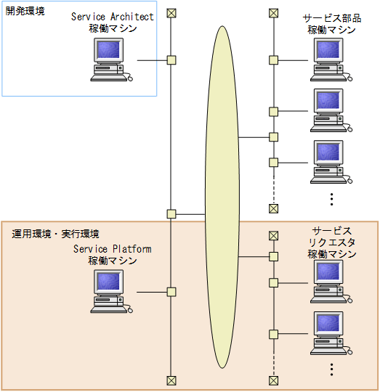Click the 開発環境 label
coord(25,12)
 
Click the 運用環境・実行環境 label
coord(56,234)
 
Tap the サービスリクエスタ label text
coord(332,242)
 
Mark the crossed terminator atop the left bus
coord(171,13)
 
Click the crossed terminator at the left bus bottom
coord(171,380)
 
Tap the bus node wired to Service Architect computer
coord(171,60)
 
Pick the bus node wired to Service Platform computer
coord(171,292)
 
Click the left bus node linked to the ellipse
coord(171,214)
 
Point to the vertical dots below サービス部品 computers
coord(331,197)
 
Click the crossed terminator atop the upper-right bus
coord(273,13)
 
